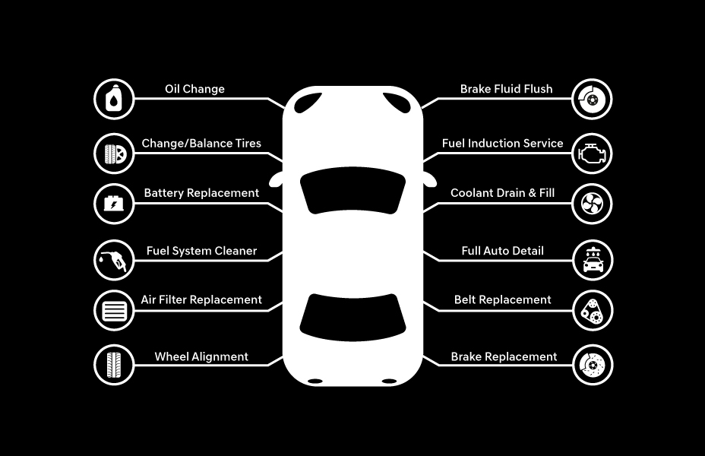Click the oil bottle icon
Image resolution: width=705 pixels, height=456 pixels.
coord(114,99)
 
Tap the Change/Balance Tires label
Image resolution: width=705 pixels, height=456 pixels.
coord(201,144)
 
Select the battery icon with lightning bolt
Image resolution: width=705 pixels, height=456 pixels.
coord(114,204)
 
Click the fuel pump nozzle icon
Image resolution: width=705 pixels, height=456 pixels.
coord(114,260)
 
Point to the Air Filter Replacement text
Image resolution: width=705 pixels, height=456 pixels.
coord(201,300)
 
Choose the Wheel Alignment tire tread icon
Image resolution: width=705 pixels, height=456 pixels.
coord(114,365)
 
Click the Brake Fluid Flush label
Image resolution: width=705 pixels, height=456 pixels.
coord(506,89)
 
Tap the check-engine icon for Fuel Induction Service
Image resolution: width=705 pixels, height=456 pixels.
coord(592,154)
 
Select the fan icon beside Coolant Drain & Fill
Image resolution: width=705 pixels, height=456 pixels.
coord(592,204)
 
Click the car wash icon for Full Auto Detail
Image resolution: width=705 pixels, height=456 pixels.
coord(593,260)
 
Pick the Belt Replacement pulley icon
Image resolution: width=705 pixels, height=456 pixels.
coord(593,310)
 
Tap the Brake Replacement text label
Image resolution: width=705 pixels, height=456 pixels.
coord(504,356)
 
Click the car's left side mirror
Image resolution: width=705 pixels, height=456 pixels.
coord(276,179)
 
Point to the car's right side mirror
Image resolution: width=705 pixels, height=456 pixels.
coord(430,179)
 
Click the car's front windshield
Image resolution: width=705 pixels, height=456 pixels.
coord(352,190)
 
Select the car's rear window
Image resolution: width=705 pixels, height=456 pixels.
coord(352,317)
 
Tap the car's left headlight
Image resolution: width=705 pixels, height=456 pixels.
coord(308,103)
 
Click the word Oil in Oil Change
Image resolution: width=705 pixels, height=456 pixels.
coord(172,89)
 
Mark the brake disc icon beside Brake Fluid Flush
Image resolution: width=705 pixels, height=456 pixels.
coord(592,99)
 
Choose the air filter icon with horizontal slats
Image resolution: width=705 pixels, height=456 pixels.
coord(114,310)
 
